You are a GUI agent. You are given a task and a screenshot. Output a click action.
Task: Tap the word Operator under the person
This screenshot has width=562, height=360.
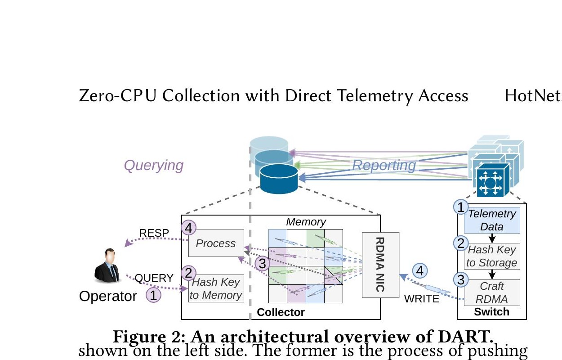point(108,297)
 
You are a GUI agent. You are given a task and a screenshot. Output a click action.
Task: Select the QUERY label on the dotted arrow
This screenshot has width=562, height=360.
point(154,278)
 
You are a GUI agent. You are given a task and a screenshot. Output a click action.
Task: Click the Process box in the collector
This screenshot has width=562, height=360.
point(216,243)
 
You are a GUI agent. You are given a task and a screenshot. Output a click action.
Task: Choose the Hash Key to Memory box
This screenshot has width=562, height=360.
point(216,288)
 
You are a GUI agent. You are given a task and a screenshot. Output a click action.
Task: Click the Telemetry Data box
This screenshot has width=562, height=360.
point(492,220)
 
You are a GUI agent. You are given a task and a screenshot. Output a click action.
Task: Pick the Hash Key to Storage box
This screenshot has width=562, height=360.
point(492,256)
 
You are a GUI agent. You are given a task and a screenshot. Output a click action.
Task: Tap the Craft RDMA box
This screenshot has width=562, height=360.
point(492,292)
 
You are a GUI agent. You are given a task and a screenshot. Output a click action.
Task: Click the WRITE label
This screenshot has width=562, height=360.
point(422,299)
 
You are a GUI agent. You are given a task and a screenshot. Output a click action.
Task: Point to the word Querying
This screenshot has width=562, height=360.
point(153,166)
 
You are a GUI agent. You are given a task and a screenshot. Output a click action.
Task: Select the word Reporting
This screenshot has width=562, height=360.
point(384,165)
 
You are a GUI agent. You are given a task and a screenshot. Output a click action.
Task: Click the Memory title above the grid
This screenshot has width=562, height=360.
point(306,222)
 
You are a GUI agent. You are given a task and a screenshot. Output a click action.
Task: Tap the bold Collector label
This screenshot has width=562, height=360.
point(281,312)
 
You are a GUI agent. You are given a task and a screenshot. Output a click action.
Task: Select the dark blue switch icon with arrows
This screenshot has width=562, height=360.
point(491,181)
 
